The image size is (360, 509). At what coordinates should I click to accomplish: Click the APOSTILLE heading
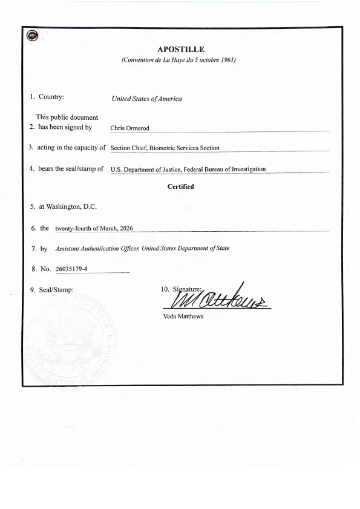pos(180,49)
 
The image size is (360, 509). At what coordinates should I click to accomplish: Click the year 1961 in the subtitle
pos(224,60)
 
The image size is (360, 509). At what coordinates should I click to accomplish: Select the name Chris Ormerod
pos(129,128)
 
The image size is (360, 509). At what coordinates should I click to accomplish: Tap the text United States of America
pos(146,99)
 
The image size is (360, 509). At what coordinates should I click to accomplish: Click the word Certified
pos(180,186)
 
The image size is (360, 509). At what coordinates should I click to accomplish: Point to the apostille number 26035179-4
pos(71,269)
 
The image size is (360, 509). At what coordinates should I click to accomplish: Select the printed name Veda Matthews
pos(183,317)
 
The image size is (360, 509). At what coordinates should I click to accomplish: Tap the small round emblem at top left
pos(32,36)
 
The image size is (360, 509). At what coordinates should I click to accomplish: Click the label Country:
pos(51,97)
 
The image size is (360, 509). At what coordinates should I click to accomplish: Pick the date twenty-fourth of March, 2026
pos(94,229)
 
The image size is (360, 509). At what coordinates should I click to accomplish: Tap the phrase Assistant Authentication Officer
pos(97,249)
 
